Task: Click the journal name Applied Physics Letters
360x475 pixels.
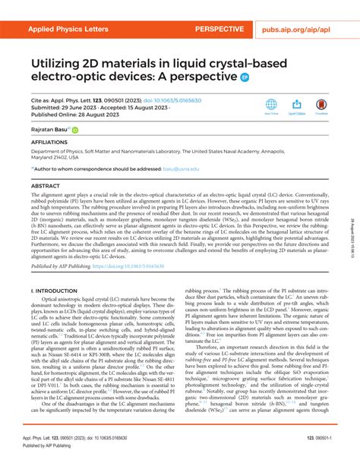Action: point(69,30)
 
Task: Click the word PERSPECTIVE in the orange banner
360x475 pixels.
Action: point(219,30)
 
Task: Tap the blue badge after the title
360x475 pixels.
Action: point(245,77)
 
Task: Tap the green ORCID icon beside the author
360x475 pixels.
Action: point(75,131)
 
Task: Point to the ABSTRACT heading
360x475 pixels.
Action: point(46,185)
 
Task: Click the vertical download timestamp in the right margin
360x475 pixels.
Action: point(352,228)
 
